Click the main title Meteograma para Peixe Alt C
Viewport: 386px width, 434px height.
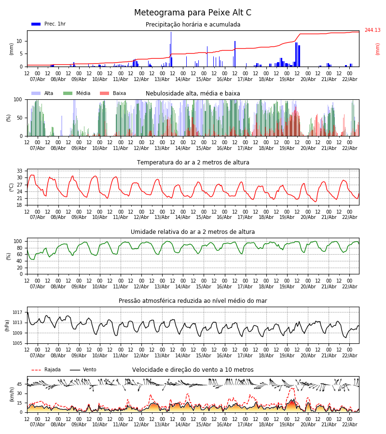tap(193, 13)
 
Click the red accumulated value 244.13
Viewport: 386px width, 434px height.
tap(372, 30)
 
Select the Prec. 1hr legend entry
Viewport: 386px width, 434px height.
tap(48, 24)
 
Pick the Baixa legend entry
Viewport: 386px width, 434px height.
tap(113, 94)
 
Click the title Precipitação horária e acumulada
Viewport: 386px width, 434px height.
tap(193, 25)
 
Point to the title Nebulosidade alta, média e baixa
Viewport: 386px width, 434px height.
tap(193, 94)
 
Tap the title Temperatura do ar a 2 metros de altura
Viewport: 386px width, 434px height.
tap(193, 163)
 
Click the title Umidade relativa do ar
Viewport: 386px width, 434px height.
tap(193, 232)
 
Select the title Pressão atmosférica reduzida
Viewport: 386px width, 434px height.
tap(193, 301)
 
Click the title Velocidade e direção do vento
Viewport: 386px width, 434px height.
tap(193, 370)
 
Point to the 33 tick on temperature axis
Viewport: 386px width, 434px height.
tap(20, 171)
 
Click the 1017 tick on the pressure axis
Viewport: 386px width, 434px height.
tap(18, 312)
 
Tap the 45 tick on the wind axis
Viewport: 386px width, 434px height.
tap(20, 384)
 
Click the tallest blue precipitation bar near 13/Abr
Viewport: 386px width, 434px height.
tap(171, 48)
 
